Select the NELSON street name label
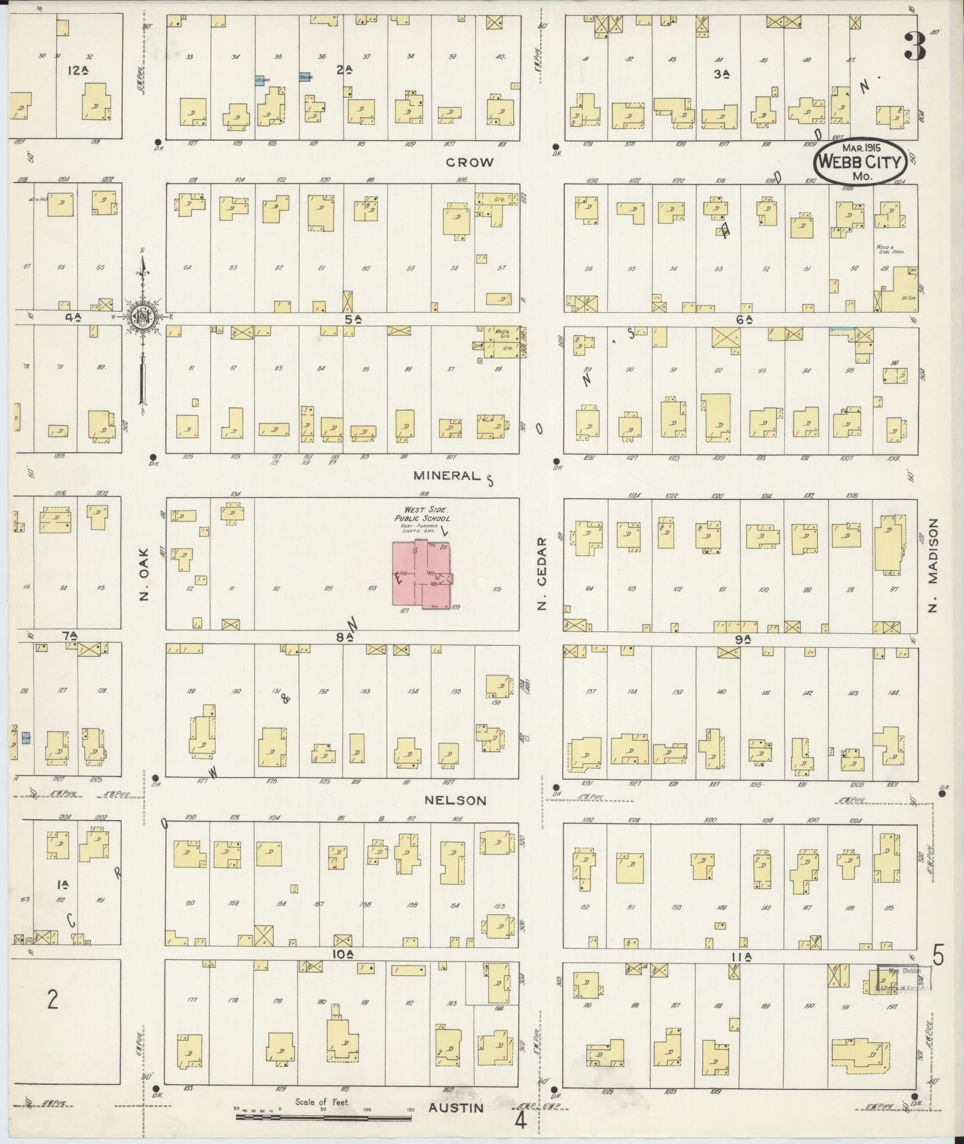(456, 800)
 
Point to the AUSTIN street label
(456, 1108)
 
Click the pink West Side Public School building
(421, 575)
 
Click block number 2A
(343, 70)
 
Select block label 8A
(343, 637)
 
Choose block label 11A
(743, 957)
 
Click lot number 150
(676, 907)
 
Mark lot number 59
(410, 269)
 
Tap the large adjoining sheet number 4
(520, 1120)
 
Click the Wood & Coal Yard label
(890, 249)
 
